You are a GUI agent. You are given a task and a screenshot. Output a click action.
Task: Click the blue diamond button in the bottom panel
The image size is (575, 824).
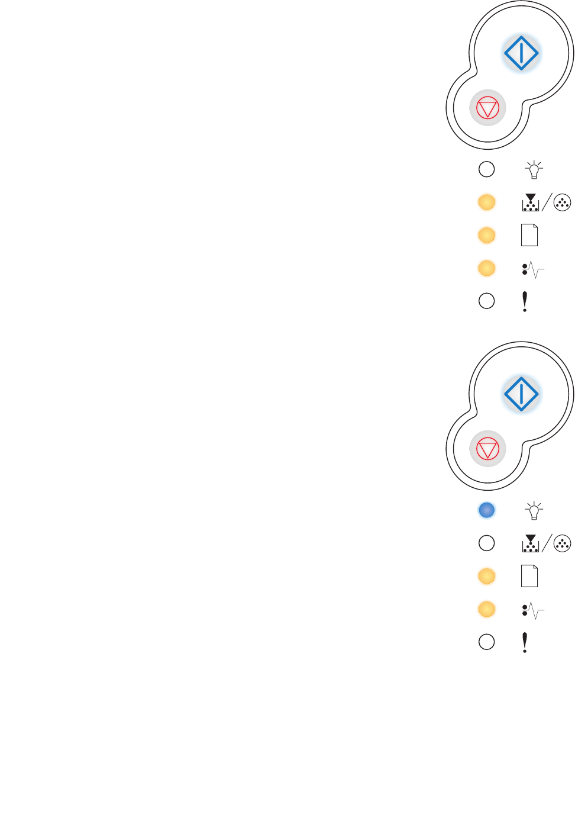pos(521,394)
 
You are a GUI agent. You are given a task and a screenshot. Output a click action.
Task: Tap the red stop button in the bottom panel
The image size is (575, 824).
pos(487,449)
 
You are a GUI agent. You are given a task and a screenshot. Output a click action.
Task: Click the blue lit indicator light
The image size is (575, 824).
pos(486,510)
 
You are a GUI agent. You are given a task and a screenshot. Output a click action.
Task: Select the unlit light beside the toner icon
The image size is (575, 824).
pos(486,543)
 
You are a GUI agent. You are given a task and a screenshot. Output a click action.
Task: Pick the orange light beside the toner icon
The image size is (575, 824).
pos(486,202)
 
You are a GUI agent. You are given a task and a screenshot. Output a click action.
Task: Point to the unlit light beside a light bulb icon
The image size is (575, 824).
pos(486,169)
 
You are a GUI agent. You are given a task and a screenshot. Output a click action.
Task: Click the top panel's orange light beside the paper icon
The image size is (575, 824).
pos(486,236)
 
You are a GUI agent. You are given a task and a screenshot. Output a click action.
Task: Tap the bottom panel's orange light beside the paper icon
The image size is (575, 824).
pos(486,576)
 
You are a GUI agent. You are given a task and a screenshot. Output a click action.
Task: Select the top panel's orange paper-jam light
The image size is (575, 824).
pos(486,268)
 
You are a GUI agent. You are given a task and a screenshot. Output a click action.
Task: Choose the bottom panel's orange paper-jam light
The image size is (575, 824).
pos(486,609)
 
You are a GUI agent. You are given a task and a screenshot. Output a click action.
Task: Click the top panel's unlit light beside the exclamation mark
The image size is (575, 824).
pos(486,301)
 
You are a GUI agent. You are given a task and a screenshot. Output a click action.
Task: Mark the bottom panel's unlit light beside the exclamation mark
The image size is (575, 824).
pos(486,642)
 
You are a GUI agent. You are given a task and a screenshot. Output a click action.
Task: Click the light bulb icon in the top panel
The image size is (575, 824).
pos(534,170)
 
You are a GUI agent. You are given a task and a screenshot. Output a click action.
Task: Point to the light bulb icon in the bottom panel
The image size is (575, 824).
pos(534,510)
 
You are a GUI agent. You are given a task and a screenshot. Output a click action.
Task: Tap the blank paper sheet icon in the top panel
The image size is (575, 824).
pos(529,236)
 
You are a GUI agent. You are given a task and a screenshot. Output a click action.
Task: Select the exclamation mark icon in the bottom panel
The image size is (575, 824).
pos(525,642)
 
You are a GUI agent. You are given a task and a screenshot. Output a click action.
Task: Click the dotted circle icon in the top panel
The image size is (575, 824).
pos(562,203)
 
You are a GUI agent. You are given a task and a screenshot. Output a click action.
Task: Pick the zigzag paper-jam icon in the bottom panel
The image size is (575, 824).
pos(533,610)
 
